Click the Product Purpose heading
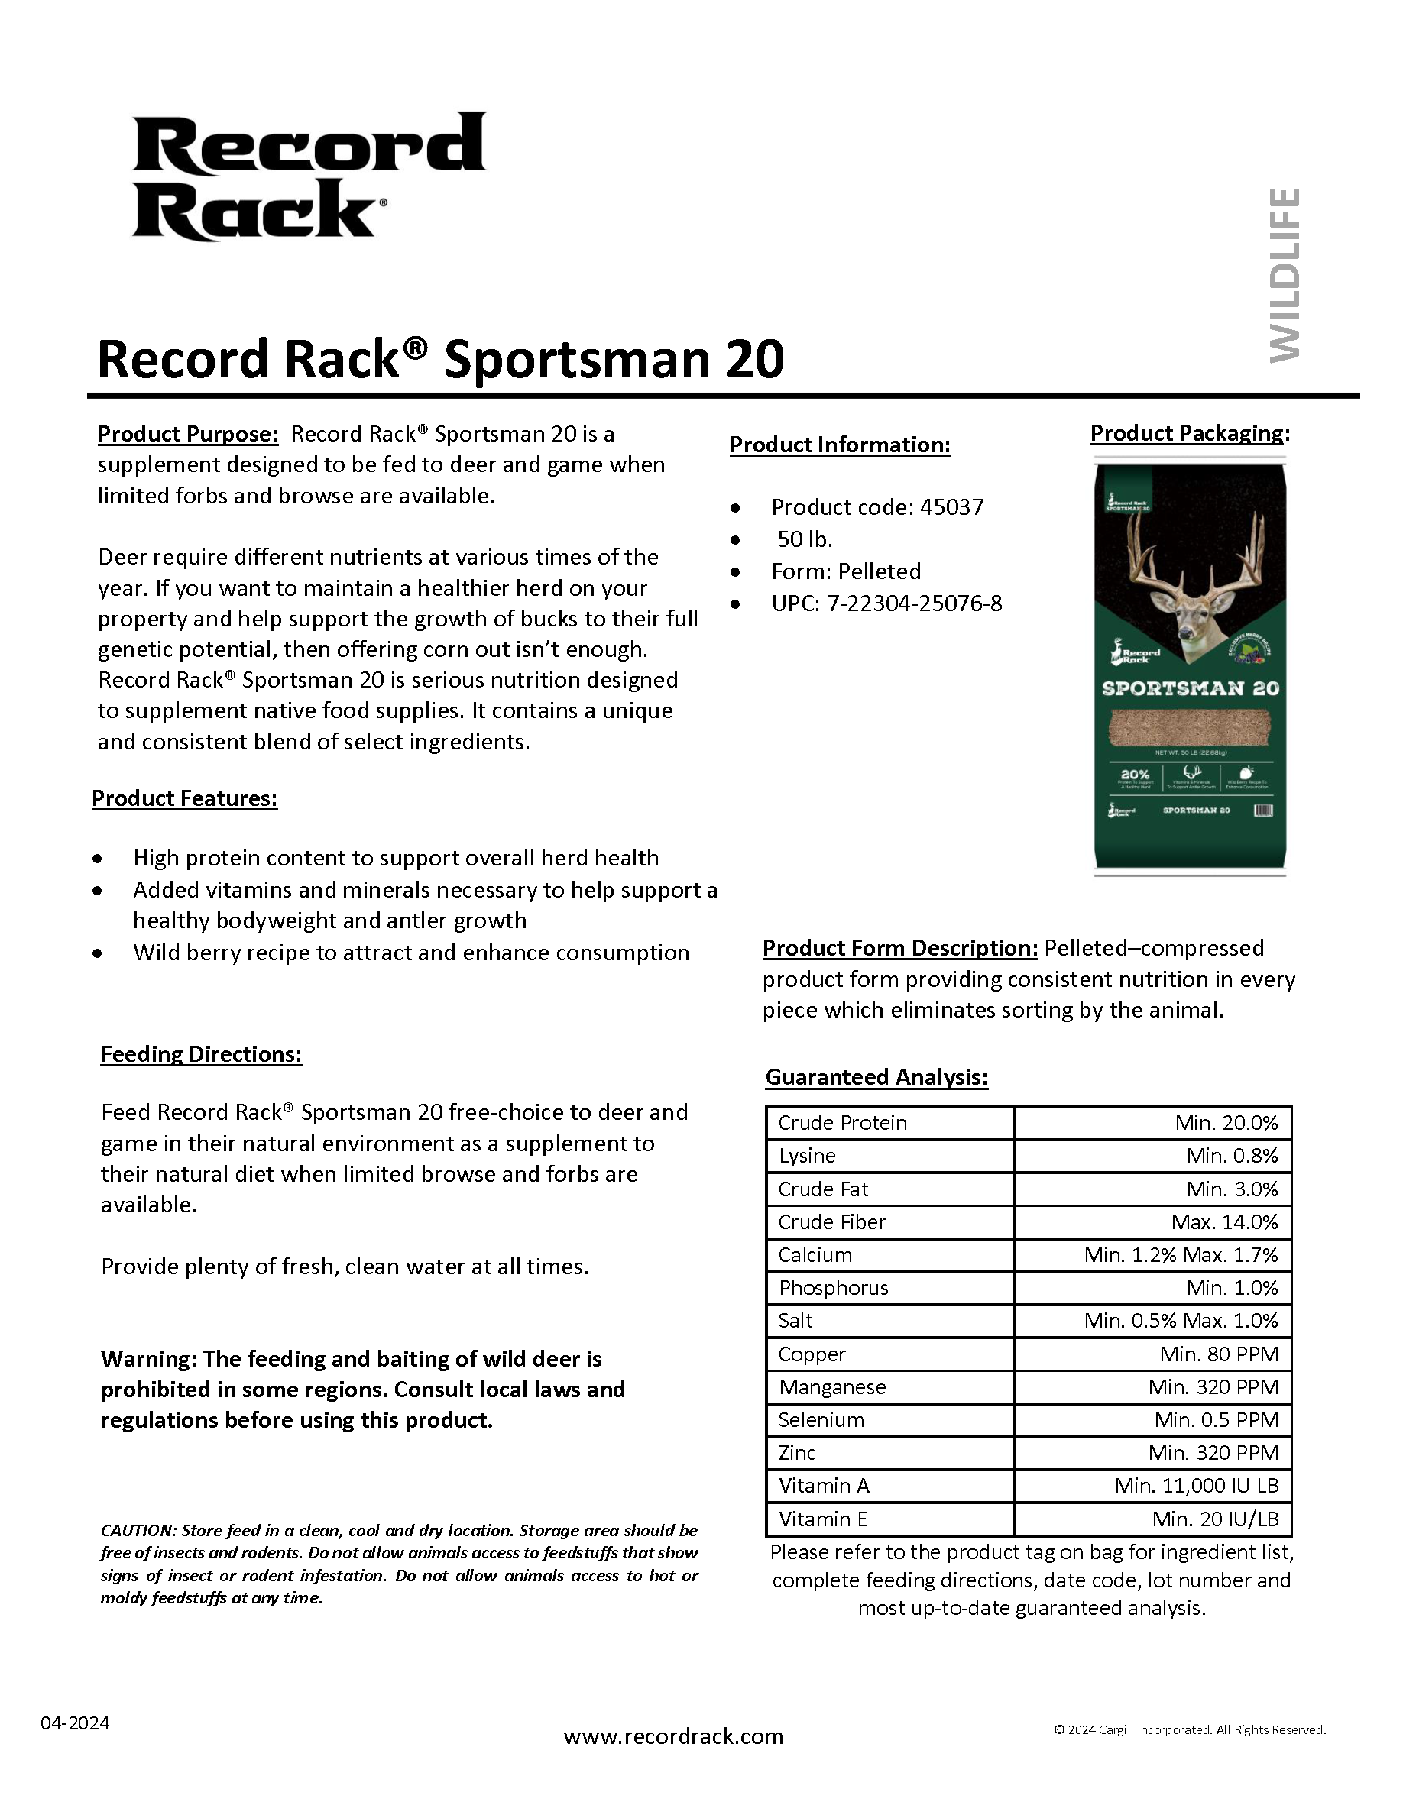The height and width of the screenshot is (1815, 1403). click(x=188, y=434)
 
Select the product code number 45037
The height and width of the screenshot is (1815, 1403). click(x=951, y=507)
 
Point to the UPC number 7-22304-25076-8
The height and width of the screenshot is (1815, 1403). click(x=914, y=603)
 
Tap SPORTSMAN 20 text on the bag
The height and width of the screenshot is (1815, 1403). click(x=1191, y=688)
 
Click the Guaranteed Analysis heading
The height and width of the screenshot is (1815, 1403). click(x=876, y=1077)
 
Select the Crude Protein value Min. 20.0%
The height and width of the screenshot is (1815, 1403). click(x=1226, y=1123)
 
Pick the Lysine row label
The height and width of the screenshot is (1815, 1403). click(x=807, y=1156)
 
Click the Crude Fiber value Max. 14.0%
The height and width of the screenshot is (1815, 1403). click(x=1224, y=1221)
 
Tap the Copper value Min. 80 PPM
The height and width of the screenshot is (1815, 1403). click(x=1219, y=1354)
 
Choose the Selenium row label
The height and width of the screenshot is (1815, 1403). click(x=821, y=1419)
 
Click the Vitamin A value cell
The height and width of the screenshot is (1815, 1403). click(x=1196, y=1485)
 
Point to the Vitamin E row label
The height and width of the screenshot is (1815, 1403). click(x=823, y=1519)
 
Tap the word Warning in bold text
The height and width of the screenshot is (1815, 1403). click(x=148, y=1359)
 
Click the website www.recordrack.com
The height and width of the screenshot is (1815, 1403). click(x=673, y=1737)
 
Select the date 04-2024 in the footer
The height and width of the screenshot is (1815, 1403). click(x=75, y=1723)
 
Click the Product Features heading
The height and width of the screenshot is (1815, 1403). click(x=184, y=797)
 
